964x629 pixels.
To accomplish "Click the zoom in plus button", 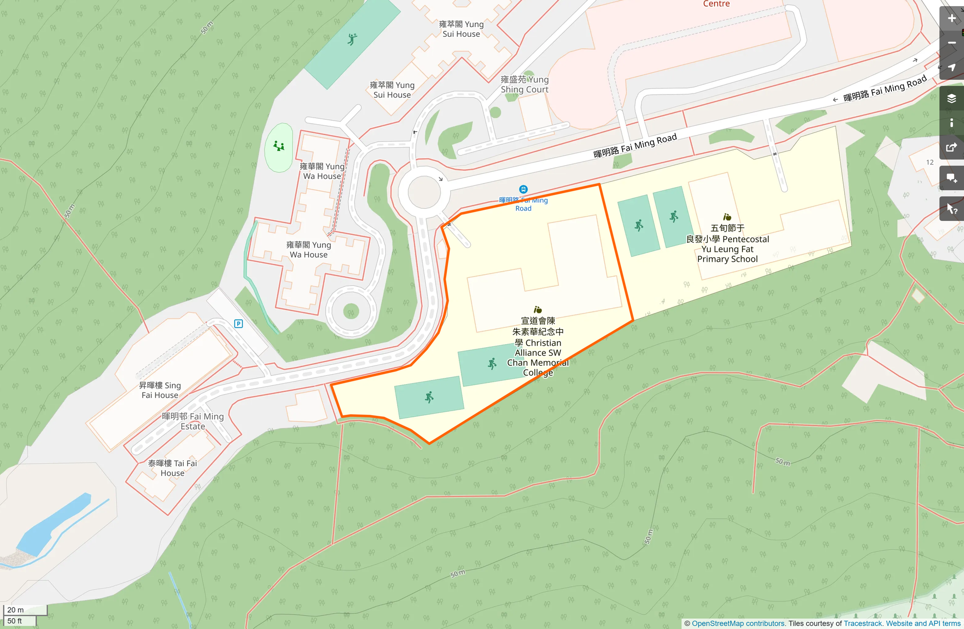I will click(x=951, y=18).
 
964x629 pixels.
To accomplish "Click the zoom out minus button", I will click(x=951, y=43).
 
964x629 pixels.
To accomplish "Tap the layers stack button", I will click(x=951, y=98).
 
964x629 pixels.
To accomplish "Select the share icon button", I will click(x=951, y=148).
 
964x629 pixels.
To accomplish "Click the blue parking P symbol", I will click(x=238, y=324).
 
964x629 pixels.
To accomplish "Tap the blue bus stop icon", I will click(x=523, y=189).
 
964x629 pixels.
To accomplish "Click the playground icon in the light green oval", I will click(x=279, y=146).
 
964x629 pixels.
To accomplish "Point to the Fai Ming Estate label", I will click(x=193, y=421).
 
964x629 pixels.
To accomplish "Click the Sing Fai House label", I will click(x=160, y=390).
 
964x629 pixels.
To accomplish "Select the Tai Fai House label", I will click(x=172, y=468).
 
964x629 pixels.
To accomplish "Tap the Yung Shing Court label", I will click(x=524, y=84).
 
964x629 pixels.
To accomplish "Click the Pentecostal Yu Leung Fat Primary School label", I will click(x=727, y=244).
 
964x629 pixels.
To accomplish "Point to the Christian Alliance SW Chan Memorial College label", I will click(x=538, y=347).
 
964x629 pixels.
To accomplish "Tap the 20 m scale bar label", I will click(x=16, y=610).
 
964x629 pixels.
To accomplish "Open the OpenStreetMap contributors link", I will click(x=737, y=623).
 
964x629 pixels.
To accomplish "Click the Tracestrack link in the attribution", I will click(x=862, y=623).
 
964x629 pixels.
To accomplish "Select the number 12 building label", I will click(x=930, y=162).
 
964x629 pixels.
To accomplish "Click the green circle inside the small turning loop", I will click(x=351, y=310).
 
